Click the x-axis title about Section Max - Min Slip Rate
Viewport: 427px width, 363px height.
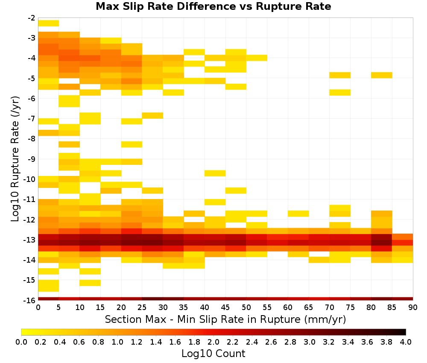pyautogui.click(x=225, y=319)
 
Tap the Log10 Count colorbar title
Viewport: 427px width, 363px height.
pyautogui.click(x=213, y=354)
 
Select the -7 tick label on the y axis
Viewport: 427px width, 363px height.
pyautogui.click(x=32, y=119)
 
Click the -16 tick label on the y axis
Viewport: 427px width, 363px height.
pyautogui.click(x=30, y=300)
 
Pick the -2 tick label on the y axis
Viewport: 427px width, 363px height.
pyautogui.click(x=32, y=18)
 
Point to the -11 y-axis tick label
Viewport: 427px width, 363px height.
pyautogui.click(x=30, y=199)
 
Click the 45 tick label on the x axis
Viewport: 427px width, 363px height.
pyautogui.click(x=225, y=307)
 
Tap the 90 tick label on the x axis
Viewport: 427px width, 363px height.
pyautogui.click(x=413, y=307)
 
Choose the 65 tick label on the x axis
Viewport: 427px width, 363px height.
pyautogui.click(x=309, y=307)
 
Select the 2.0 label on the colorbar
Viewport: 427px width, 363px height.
pyautogui.click(x=213, y=342)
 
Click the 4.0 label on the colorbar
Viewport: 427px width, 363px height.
pyautogui.click(x=406, y=342)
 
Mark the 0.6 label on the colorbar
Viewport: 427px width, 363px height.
pyautogui.click(x=79, y=342)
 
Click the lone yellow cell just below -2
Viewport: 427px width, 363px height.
pyautogui.click(x=49, y=23)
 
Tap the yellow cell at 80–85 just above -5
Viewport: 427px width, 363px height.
pyautogui.click(x=381, y=75)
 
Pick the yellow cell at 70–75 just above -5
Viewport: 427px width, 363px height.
pyautogui.click(x=340, y=75)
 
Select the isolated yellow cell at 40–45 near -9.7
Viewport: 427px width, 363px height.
pyautogui.click(x=215, y=173)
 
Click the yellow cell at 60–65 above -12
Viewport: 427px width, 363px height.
pyautogui.click(x=298, y=214)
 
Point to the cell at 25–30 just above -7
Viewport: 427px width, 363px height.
pyautogui.click(x=152, y=115)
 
